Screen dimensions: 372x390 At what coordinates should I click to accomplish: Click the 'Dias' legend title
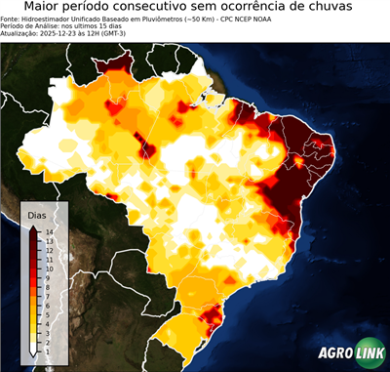[x=37, y=214]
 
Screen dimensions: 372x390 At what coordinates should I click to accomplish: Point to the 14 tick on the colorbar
[x=48, y=231]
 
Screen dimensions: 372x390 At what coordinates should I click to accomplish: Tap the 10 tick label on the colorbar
[x=48, y=264]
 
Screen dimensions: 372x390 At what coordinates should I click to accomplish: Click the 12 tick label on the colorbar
[x=48, y=248]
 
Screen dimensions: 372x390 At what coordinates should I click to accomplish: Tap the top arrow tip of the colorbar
[x=33, y=227]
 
